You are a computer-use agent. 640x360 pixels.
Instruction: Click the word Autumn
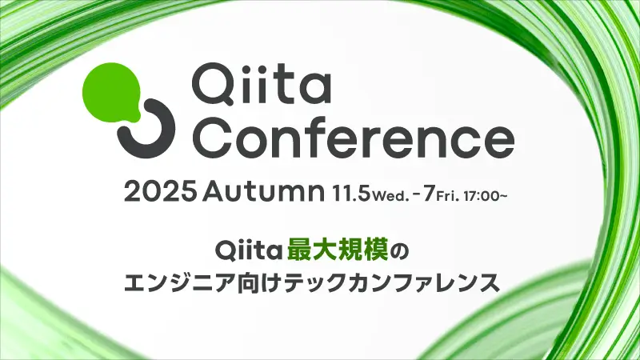264,194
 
